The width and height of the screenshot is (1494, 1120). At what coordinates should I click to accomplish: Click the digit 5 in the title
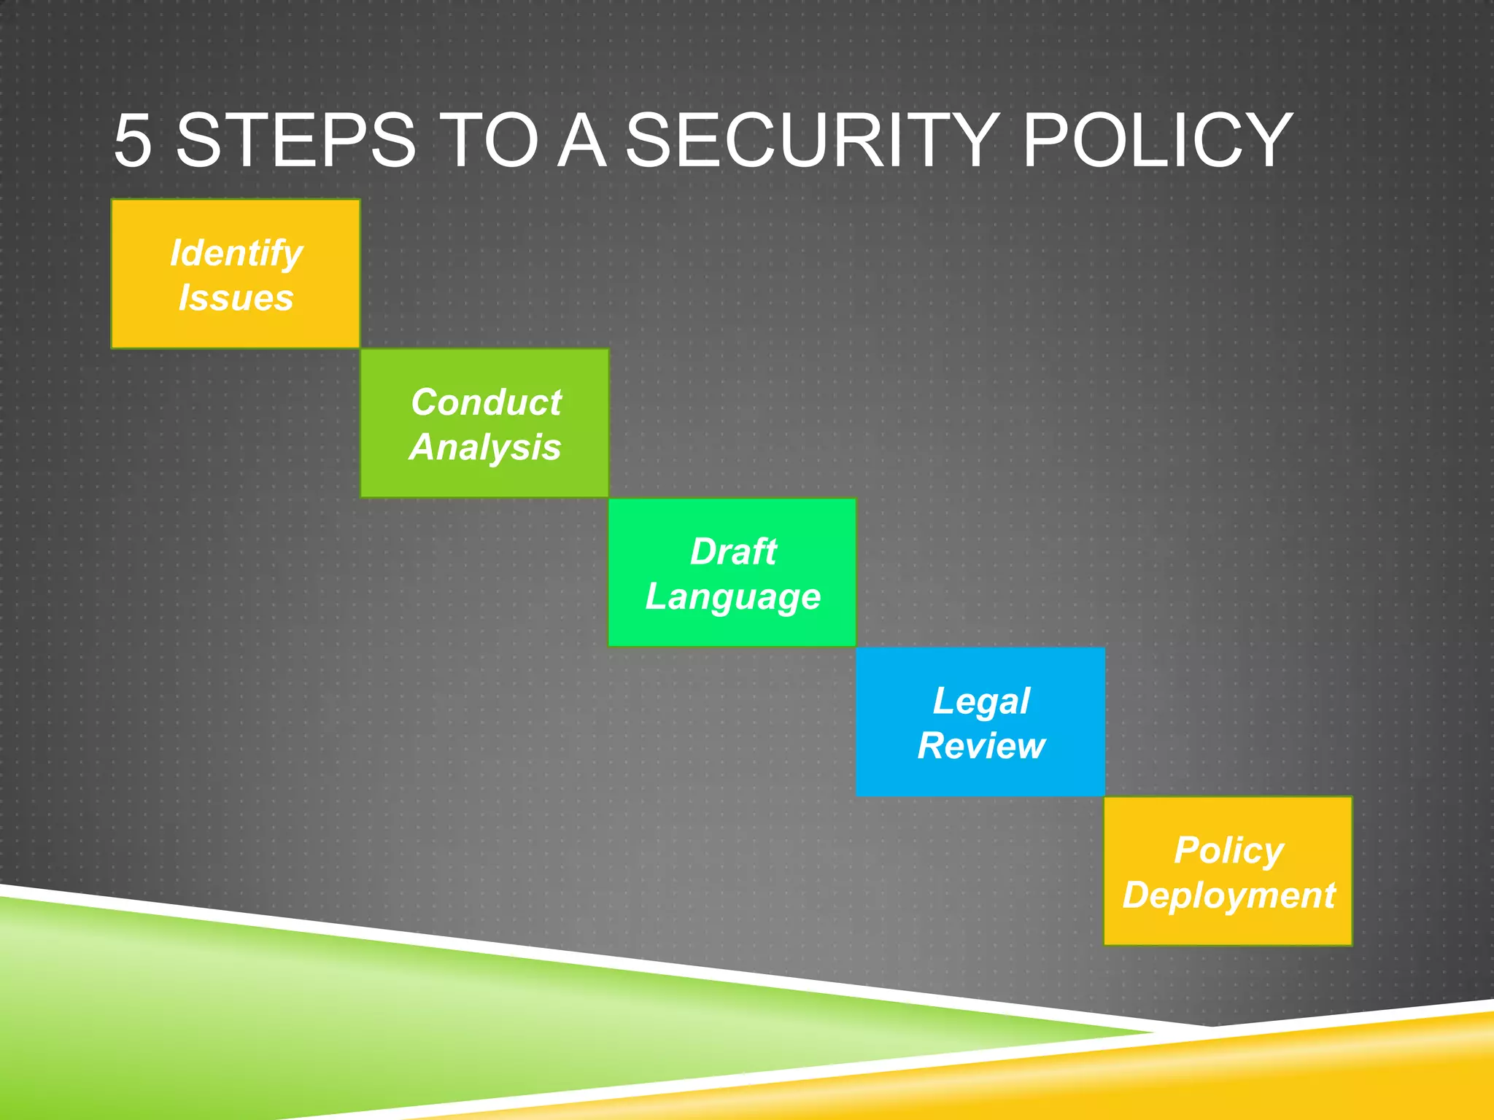(x=133, y=140)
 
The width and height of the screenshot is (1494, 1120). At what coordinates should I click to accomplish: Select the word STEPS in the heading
(x=295, y=140)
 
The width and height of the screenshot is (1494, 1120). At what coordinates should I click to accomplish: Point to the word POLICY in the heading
(x=1157, y=140)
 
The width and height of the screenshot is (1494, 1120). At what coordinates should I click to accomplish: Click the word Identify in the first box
(x=236, y=253)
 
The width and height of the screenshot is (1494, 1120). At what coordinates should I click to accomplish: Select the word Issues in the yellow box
(x=236, y=297)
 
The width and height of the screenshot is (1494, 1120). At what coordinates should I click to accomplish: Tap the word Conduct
(x=486, y=402)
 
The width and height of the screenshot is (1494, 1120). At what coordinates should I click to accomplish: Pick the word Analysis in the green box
(x=485, y=447)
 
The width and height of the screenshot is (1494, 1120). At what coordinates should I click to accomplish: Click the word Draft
(x=733, y=551)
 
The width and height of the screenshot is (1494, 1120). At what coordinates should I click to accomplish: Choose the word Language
(x=733, y=597)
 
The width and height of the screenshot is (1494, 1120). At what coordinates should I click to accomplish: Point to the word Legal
(x=981, y=701)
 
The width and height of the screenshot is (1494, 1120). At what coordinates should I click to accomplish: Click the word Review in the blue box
(x=981, y=746)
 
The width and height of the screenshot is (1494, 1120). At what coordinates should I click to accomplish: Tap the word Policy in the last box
(x=1228, y=851)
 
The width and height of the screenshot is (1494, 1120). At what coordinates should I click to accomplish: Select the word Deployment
(x=1228, y=896)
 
